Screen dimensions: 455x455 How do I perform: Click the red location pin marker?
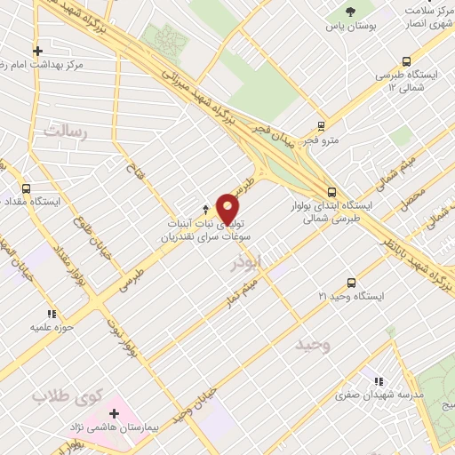pyautogui.click(x=228, y=209)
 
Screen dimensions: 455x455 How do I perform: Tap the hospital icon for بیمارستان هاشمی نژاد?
pyautogui.click(x=115, y=412)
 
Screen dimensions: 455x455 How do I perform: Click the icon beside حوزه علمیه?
pyautogui.click(x=51, y=314)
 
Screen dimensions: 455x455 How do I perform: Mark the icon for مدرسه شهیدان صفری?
pyautogui.click(x=379, y=379)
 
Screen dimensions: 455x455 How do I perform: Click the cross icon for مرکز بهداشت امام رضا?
pyautogui.click(x=36, y=51)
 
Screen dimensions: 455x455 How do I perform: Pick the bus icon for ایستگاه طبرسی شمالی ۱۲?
pyautogui.click(x=405, y=61)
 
